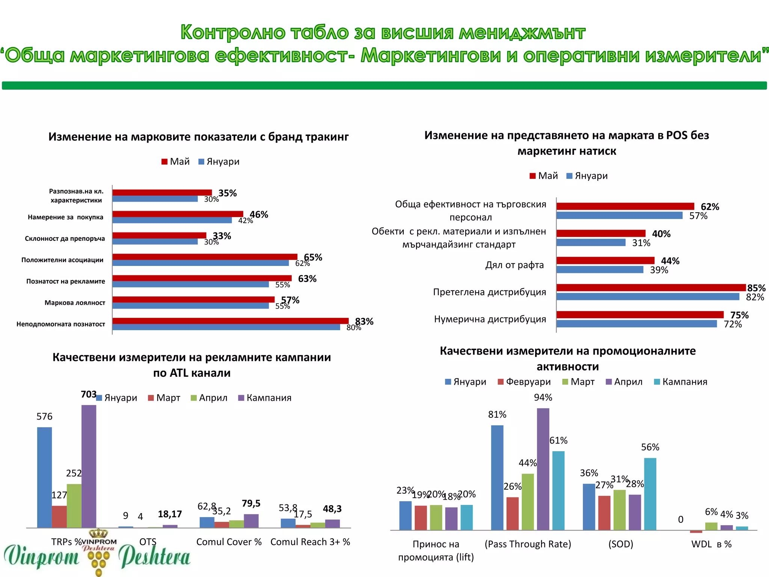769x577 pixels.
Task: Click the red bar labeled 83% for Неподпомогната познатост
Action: [230, 321]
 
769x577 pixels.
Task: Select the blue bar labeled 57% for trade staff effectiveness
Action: [620, 216]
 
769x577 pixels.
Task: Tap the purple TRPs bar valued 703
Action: [89, 466]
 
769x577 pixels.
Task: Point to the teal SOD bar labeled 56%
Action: [650, 494]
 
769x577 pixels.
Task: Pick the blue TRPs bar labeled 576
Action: [44, 477]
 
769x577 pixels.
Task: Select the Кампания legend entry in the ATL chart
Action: [265, 398]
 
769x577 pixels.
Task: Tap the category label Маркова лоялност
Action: [75, 303]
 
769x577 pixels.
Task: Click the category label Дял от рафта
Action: [514, 265]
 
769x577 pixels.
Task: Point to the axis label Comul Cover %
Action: [229, 542]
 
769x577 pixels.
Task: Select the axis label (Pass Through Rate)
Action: [528, 544]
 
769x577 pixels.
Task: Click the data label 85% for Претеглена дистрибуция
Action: [756, 288]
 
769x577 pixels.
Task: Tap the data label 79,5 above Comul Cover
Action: [251, 503]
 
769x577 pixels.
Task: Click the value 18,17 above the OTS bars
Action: [170, 514]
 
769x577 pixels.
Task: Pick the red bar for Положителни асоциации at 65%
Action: [205, 257]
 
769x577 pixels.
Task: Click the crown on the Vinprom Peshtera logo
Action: [99, 533]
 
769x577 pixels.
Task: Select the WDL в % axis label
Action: [711, 544]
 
